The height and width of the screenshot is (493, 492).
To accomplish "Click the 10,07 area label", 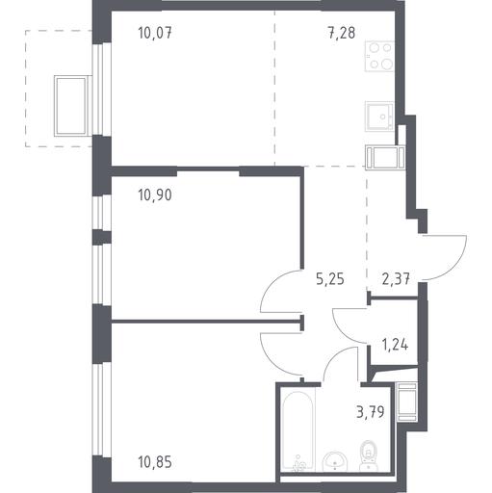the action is pos(155,33).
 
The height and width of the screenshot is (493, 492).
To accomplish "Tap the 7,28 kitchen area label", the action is pos(341,33).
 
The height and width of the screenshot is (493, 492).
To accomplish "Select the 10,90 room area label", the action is pos(155,195).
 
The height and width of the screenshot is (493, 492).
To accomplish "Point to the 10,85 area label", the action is pos(155,462).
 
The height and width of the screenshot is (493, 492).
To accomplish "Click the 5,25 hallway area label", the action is pos(330,279).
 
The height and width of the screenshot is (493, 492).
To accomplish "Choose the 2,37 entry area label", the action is pos(396,279).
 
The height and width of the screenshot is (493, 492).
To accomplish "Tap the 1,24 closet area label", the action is pos(395,345).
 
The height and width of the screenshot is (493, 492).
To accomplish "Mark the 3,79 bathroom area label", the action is pos(371,412).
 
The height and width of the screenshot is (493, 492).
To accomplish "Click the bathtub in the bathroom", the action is pos(298,431).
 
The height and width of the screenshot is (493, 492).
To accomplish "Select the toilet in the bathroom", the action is pos(369,455).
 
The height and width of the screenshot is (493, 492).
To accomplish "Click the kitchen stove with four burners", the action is pos(379,57).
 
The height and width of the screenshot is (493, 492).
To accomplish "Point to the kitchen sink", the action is pos(379,117).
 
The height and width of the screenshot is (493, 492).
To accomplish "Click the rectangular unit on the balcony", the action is pos(71,106).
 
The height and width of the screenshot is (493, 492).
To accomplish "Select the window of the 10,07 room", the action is pos(102,89).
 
